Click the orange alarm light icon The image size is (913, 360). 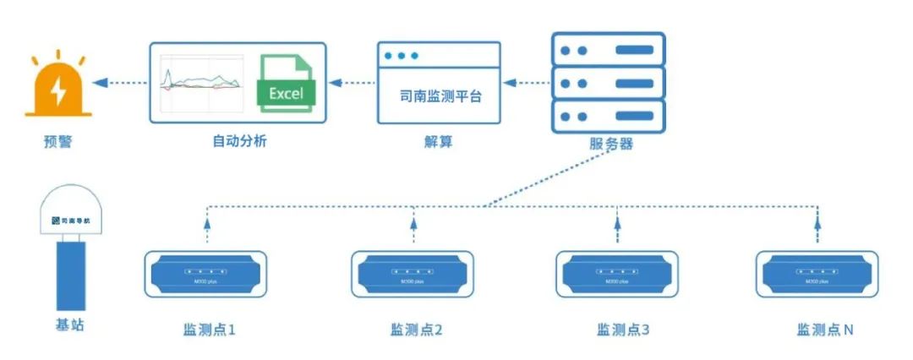tap(58, 85)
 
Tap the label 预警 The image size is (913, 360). tap(58, 141)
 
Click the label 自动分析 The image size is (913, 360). tap(239, 141)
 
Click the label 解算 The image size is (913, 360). tap(438, 141)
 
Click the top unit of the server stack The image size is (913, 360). tap(609, 48)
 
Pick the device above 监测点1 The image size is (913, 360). tap(207, 272)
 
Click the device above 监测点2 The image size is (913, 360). tap(413, 272)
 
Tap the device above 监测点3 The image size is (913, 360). tap(617, 272)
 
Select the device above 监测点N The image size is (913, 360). tap(817, 272)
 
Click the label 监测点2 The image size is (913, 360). tap(416, 330)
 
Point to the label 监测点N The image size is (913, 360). tap(823, 330)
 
